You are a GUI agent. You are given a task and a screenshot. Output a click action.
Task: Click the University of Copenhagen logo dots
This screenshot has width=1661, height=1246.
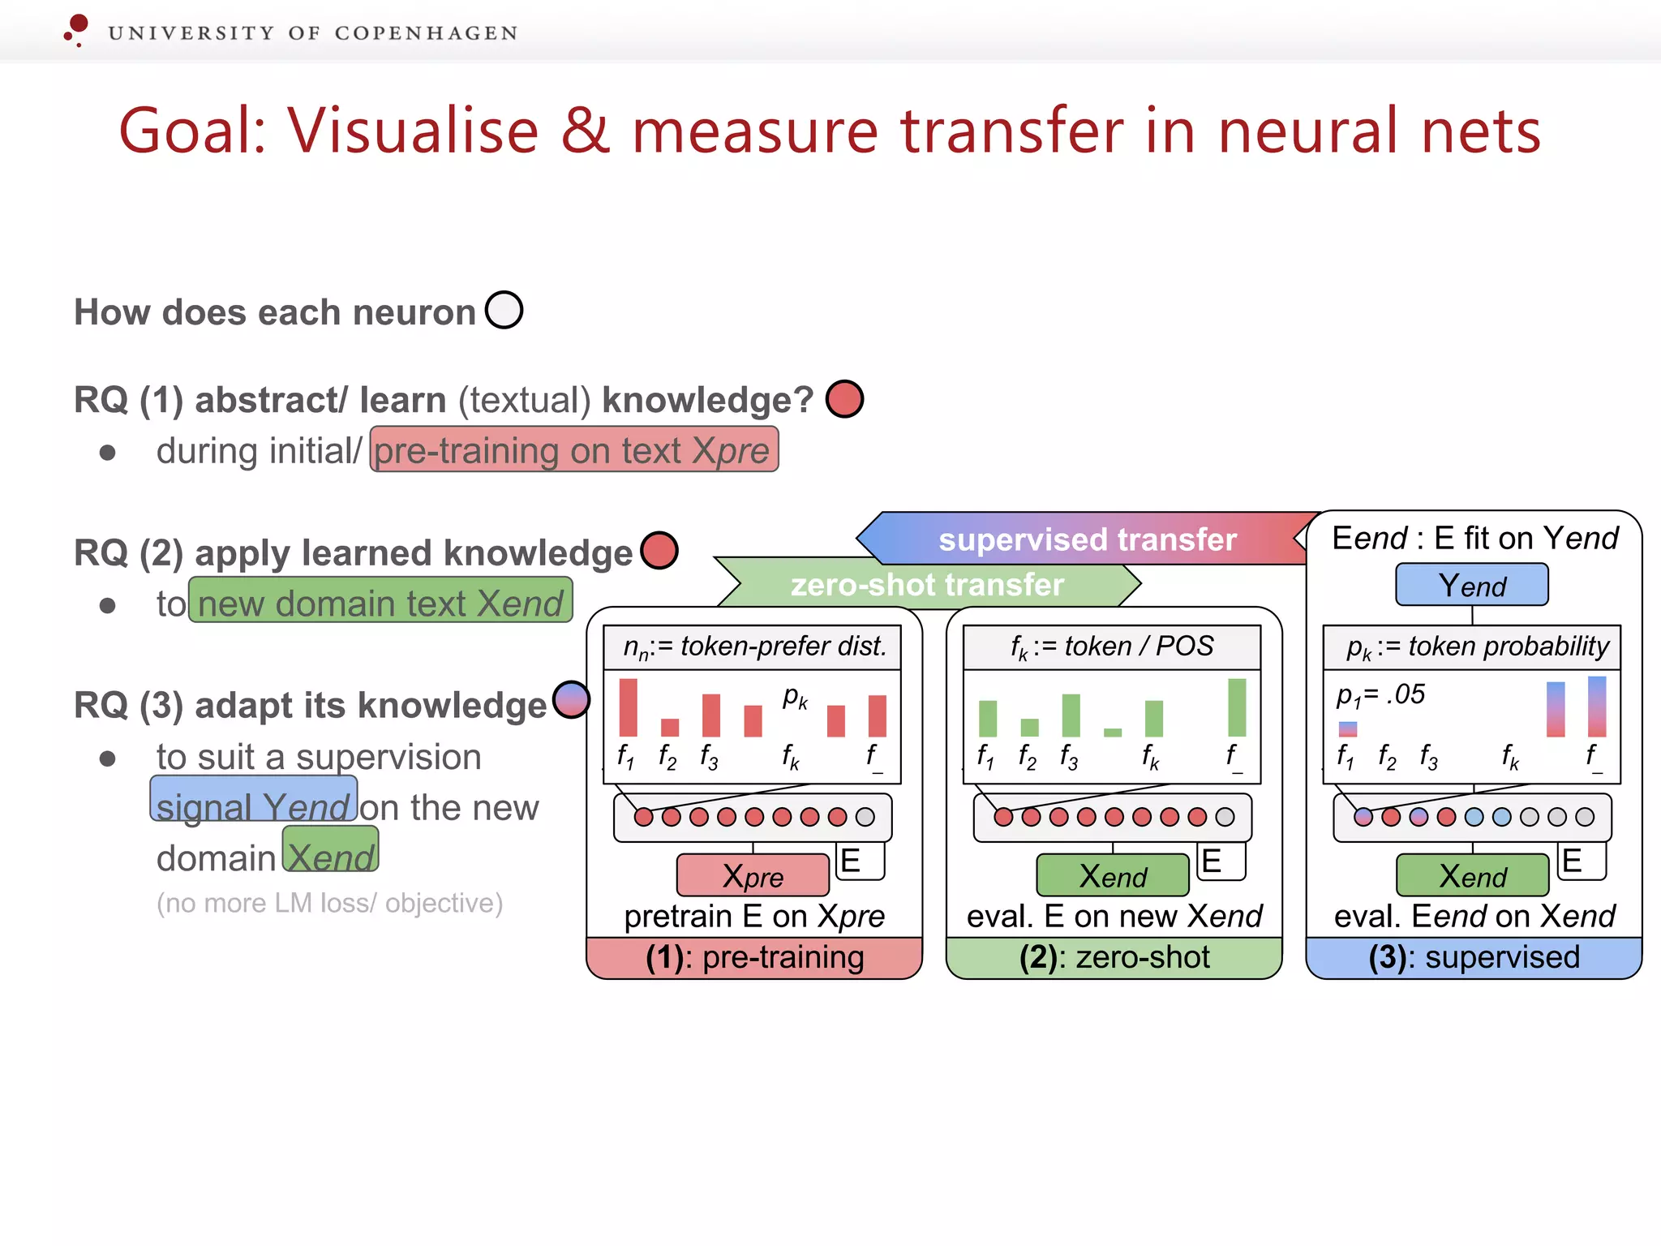click(x=76, y=29)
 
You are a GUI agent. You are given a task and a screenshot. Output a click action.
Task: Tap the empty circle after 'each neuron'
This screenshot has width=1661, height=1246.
click(x=504, y=310)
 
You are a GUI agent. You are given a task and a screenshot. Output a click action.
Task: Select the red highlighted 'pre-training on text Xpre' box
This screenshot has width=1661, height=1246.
click(x=574, y=449)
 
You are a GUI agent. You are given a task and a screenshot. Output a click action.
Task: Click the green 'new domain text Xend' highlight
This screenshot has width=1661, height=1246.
click(x=380, y=601)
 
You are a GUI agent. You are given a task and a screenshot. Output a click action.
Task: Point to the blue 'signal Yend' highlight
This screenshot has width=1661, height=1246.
click(x=253, y=800)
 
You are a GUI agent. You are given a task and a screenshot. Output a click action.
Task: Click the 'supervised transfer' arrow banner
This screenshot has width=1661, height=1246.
click(x=1087, y=539)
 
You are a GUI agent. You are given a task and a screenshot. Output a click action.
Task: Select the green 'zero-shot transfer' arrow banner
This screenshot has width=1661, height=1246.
click(x=927, y=584)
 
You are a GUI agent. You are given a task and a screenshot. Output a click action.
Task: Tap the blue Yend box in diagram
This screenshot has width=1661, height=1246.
click(x=1471, y=585)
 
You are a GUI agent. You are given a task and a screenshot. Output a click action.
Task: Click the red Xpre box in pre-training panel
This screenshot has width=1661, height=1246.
click(x=753, y=875)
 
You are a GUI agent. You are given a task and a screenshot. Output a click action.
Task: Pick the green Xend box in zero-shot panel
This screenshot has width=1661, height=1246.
click(x=1112, y=875)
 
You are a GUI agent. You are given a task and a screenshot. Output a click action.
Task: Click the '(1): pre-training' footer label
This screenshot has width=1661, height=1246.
click(x=754, y=958)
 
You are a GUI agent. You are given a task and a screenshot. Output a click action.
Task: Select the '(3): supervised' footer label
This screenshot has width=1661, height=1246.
click(x=1473, y=958)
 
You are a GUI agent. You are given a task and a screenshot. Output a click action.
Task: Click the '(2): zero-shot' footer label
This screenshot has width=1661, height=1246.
click(x=1114, y=958)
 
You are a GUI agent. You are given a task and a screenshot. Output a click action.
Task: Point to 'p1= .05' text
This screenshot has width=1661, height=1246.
click(x=1380, y=694)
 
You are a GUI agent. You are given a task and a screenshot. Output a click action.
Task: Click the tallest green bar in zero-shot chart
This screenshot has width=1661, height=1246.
click(x=1236, y=707)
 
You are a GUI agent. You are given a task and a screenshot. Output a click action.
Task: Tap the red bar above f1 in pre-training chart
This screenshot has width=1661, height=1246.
click(x=628, y=707)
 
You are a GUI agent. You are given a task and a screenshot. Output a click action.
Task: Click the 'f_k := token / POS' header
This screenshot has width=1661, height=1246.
click(x=1111, y=647)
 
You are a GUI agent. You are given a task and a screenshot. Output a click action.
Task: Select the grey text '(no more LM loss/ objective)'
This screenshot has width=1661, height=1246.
click(x=329, y=903)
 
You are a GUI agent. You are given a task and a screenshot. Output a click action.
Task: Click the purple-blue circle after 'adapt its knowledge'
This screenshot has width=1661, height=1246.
click(x=571, y=699)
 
